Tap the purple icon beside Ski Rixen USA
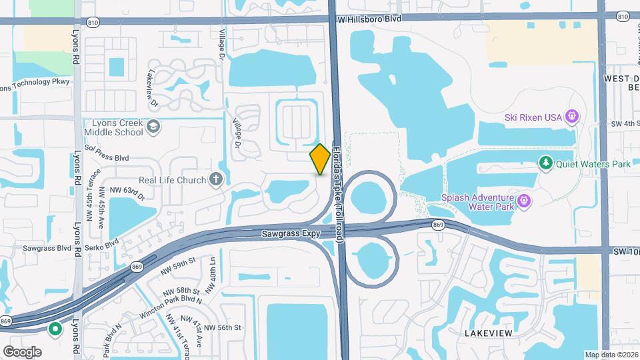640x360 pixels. (571, 117)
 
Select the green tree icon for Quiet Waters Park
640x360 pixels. (545, 163)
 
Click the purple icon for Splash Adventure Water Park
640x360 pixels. (524, 200)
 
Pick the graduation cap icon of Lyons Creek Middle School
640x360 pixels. (153, 127)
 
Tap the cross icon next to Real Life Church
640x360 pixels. (215, 179)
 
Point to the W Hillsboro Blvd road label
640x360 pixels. (369, 20)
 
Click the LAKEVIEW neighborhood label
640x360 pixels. (488, 331)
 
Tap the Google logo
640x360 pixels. (22, 351)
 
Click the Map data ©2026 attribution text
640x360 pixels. (611, 355)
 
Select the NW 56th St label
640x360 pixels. (222, 327)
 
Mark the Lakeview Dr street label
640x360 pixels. (153, 89)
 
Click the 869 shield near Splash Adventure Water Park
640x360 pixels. (438, 225)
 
